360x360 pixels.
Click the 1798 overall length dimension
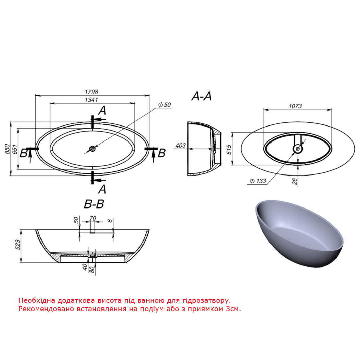pos(91,92)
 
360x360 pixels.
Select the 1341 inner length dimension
pos(91,100)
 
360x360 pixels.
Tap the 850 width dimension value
pos(7,149)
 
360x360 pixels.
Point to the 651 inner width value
pos(15,149)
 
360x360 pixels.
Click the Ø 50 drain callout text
pos(165,105)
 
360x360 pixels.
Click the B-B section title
pos(94,204)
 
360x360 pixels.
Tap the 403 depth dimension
pos(180,146)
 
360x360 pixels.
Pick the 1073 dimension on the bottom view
pos(295,106)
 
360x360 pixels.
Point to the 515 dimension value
pos(229,149)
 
